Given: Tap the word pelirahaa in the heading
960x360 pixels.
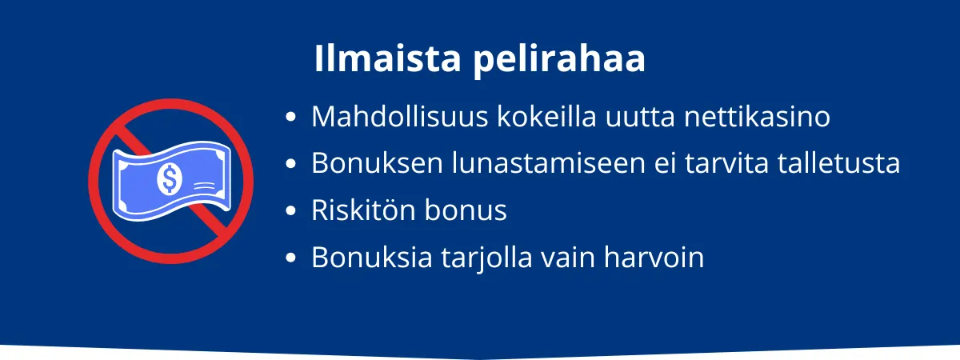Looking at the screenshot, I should [x=558, y=62].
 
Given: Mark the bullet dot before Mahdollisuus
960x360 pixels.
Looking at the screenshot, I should [x=291, y=118].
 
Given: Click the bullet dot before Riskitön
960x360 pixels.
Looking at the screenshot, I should [x=291, y=211].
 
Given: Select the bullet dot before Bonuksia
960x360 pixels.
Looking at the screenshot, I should [x=291, y=258].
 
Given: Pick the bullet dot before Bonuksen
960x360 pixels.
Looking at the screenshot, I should [x=291, y=165].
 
